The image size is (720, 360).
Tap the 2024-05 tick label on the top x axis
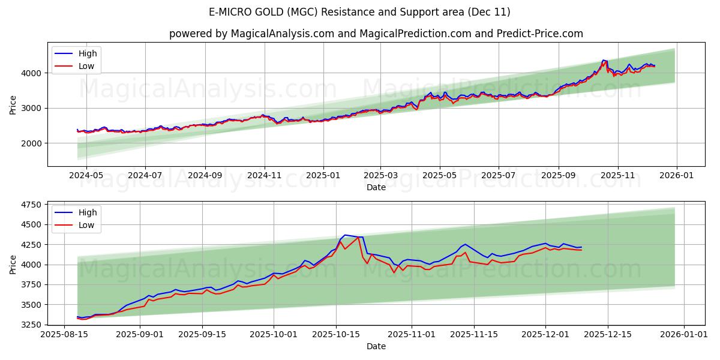[86, 175]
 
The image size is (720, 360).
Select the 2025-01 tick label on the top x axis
[323, 175]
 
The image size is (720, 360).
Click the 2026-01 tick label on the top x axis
[677, 175]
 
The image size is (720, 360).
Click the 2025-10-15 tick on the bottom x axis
[335, 334]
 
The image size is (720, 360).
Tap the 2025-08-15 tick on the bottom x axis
[65, 334]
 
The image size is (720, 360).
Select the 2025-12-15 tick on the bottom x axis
[607, 334]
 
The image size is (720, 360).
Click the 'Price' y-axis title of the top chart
[13, 104]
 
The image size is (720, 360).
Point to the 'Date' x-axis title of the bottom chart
[376, 346]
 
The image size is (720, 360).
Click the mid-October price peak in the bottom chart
[344, 235]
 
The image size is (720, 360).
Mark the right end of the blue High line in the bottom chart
[581, 247]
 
